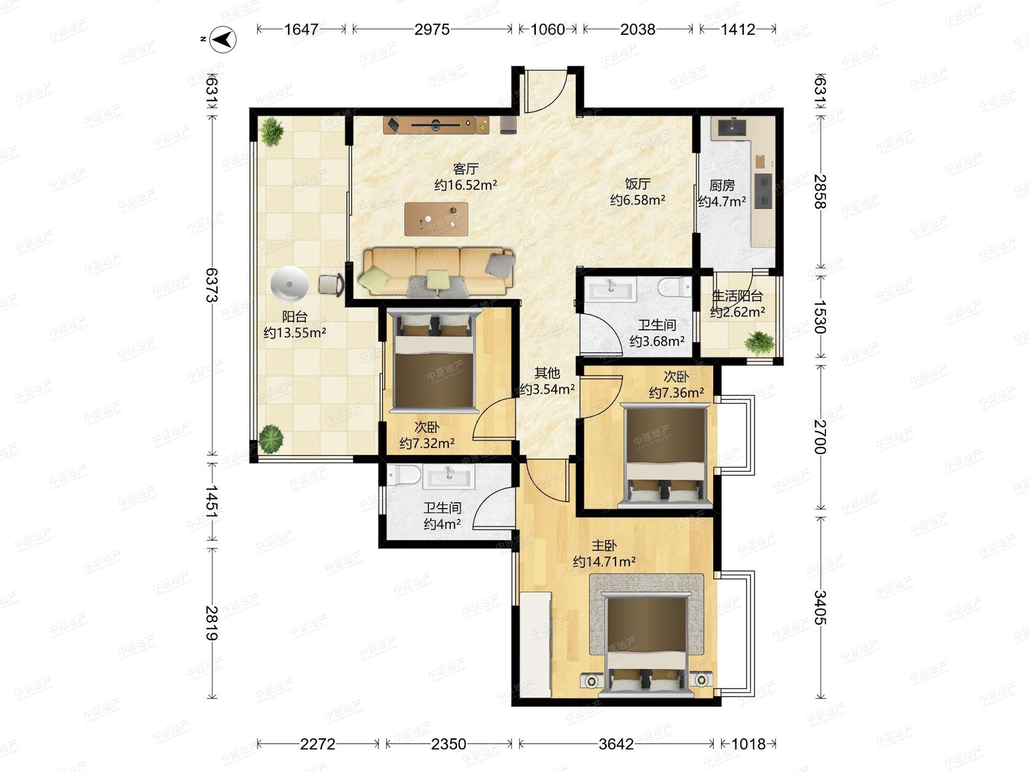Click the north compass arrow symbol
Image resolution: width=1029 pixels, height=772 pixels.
pos(223,39)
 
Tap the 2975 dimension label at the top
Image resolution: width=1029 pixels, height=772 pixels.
pos(432,29)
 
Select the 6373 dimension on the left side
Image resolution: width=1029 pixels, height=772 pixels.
pos(212,285)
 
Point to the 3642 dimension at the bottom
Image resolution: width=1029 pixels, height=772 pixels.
pos(616,744)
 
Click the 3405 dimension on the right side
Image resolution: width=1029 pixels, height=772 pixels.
pos(820,607)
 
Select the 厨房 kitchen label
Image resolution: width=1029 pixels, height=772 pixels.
pos(722,185)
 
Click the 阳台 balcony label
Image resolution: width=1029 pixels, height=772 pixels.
pos(295,317)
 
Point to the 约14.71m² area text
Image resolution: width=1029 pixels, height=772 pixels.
pos(604,562)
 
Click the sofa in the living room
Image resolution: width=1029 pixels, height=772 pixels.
pos(436,272)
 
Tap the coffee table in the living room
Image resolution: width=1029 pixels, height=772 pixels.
pos(436,219)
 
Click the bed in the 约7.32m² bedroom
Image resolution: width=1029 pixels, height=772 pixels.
pos(435,362)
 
